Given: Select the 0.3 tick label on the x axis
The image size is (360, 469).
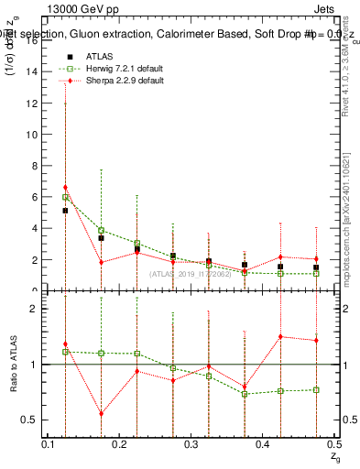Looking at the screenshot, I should pos(191,444).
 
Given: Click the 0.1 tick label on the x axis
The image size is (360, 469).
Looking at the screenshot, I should pos(49,444).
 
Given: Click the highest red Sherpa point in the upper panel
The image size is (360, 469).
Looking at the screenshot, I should pos(65,188).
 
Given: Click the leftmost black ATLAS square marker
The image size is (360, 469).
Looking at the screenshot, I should pos(65,211).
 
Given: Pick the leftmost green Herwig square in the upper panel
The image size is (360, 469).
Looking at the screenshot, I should pos(65,197).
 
